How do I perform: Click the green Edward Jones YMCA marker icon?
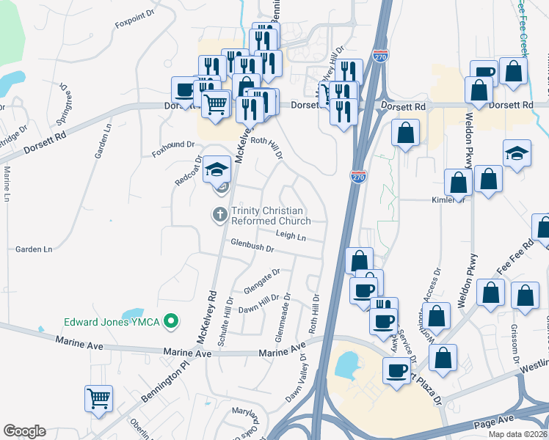(171, 320)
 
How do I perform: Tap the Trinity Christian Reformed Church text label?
(271, 215)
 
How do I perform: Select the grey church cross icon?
(219, 215)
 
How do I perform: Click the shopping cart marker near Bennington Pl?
(98, 398)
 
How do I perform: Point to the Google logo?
(24, 431)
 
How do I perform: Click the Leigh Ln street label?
(291, 235)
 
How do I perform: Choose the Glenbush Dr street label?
(252, 249)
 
